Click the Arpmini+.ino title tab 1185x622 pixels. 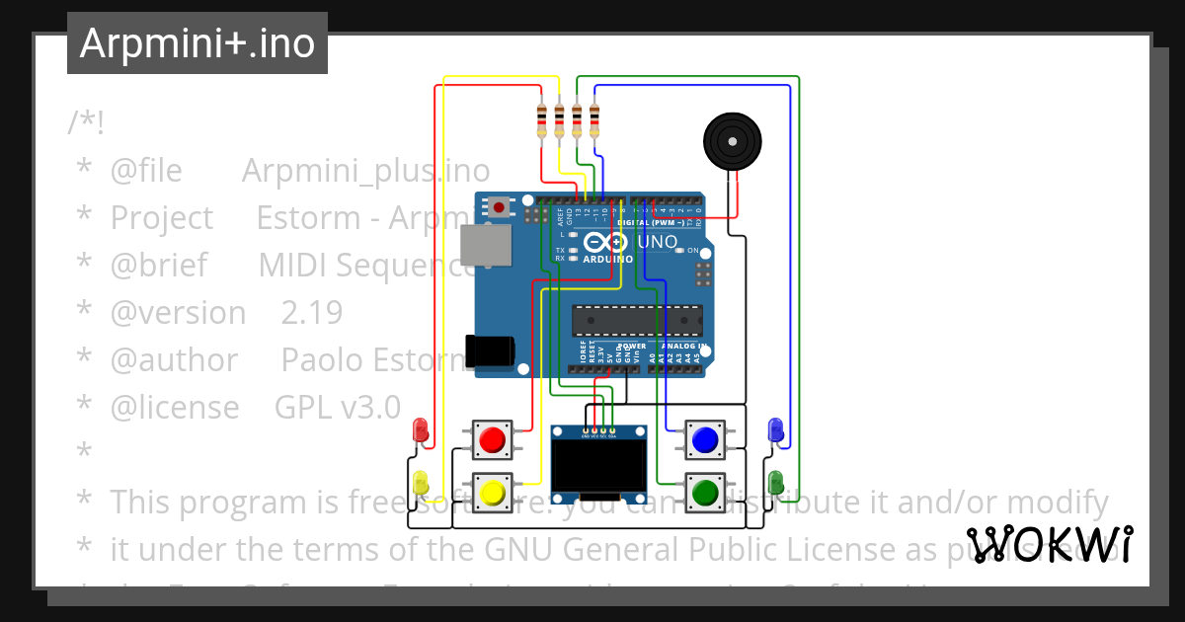pos(197,43)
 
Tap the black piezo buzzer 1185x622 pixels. pos(733,141)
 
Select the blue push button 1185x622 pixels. pos(704,439)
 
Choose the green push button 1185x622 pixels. pos(704,491)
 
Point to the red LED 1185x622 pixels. pos(421,429)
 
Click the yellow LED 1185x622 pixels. pos(421,483)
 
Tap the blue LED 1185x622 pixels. pos(776,429)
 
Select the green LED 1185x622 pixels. pos(776,482)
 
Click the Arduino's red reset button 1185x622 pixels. pos(501,207)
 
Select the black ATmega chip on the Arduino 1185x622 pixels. pos(637,321)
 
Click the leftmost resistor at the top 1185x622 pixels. pos(541,120)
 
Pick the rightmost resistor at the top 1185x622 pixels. pos(594,120)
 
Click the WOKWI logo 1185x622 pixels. pos(1050,544)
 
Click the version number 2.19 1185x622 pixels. pos(312,313)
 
